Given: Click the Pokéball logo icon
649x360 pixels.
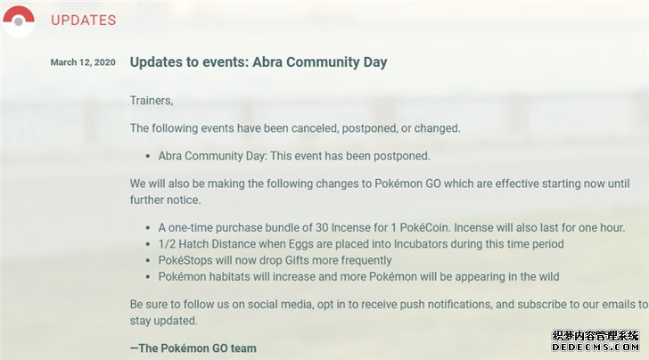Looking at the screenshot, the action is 19,20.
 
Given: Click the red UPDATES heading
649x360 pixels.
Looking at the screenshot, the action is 83,20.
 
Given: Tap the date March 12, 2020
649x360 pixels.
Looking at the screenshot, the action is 83,62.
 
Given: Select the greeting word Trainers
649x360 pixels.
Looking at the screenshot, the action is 151,101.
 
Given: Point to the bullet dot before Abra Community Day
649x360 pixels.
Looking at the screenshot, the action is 148,157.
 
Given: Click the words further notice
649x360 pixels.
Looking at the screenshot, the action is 165,200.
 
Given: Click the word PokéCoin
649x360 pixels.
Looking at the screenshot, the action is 425,228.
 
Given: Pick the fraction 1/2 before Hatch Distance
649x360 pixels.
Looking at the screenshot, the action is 167,244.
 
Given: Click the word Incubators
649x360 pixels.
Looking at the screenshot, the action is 421,244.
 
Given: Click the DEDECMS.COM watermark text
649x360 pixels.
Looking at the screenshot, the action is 596,347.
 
